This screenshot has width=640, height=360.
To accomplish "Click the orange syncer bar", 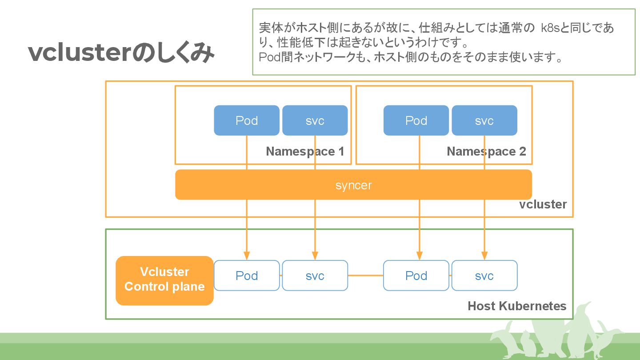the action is pyautogui.click(x=353, y=184).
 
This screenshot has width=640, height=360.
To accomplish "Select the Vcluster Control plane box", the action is pyautogui.click(x=164, y=280).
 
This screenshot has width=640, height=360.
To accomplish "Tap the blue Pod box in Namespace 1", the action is pyautogui.click(x=247, y=120).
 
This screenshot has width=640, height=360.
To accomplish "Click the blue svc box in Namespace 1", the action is pyautogui.click(x=315, y=120).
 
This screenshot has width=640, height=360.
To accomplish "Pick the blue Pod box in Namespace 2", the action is pyautogui.click(x=416, y=120).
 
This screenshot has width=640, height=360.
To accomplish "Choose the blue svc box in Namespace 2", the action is pyautogui.click(x=484, y=120).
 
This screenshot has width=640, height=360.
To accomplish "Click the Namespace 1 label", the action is pyautogui.click(x=305, y=152).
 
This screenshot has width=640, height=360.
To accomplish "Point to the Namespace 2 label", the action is pyautogui.click(x=486, y=152).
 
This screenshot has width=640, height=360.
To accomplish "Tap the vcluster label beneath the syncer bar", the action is pyautogui.click(x=543, y=204).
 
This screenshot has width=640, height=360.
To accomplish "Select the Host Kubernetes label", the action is pyautogui.click(x=517, y=306).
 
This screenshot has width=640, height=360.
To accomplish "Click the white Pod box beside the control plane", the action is pyautogui.click(x=247, y=276).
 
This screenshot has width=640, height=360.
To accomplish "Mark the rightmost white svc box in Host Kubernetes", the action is pyautogui.click(x=484, y=276).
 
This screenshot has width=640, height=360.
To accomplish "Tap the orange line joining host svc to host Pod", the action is pyautogui.click(x=365, y=276).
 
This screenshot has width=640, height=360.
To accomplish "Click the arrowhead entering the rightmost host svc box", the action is pyautogui.click(x=484, y=256).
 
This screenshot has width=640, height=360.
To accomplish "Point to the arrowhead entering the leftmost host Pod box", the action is pyautogui.click(x=247, y=256).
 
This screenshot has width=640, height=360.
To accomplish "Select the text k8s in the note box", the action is pyautogui.click(x=550, y=28).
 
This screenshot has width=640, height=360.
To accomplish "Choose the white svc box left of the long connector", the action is pyautogui.click(x=315, y=276).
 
